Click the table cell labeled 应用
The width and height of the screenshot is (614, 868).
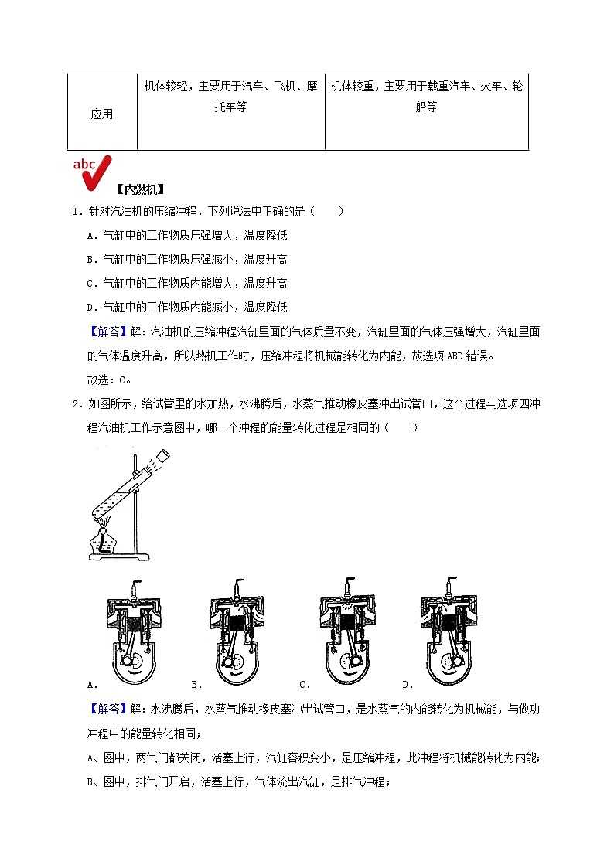click(x=102, y=114)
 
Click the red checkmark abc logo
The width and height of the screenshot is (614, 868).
click(x=92, y=172)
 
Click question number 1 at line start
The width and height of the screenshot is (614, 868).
click(x=75, y=211)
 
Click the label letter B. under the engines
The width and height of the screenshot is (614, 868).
click(x=196, y=684)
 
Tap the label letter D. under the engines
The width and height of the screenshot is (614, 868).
click(x=407, y=684)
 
